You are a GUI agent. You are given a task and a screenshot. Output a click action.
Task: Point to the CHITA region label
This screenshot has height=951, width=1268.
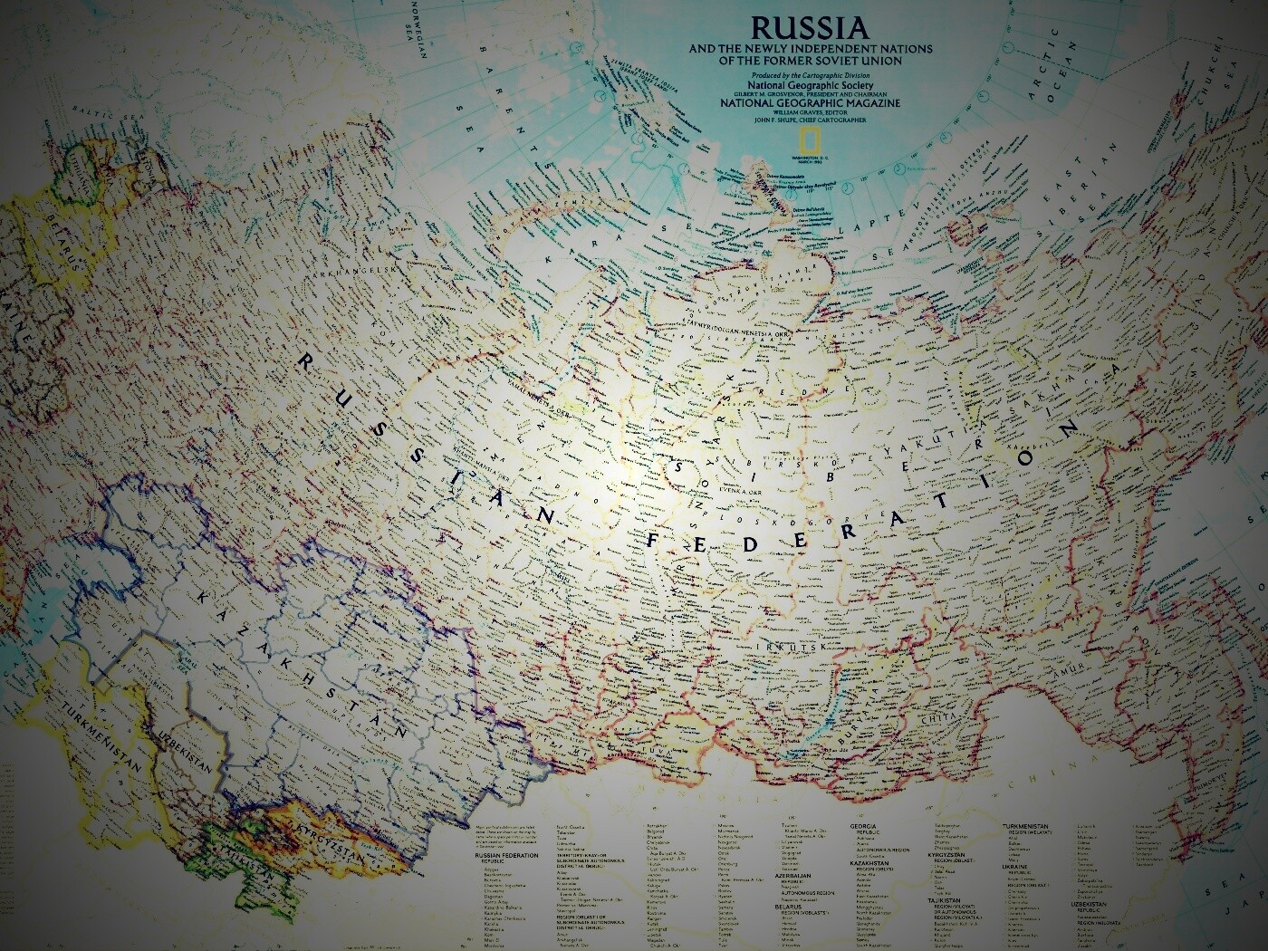pyautogui.click(x=933, y=718)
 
